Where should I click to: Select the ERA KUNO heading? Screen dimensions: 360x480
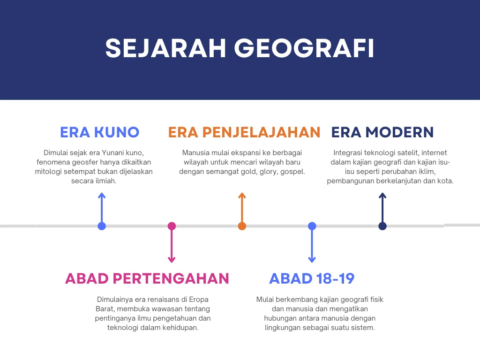100,132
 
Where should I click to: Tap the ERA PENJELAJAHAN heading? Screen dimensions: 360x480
244,132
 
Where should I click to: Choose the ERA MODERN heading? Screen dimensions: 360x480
382,132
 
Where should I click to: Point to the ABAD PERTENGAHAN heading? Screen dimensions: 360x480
147,278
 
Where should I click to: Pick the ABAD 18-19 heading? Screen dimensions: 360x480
312,278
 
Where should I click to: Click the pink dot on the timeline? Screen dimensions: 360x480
172,226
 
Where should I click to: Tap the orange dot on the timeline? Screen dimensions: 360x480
242,226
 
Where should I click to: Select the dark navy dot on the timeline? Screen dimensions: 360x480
382,226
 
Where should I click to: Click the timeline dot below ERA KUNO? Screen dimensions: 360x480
102,226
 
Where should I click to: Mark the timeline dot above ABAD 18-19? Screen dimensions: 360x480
312,226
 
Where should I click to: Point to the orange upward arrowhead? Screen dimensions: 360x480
242,195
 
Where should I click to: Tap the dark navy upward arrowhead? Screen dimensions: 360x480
382,195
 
